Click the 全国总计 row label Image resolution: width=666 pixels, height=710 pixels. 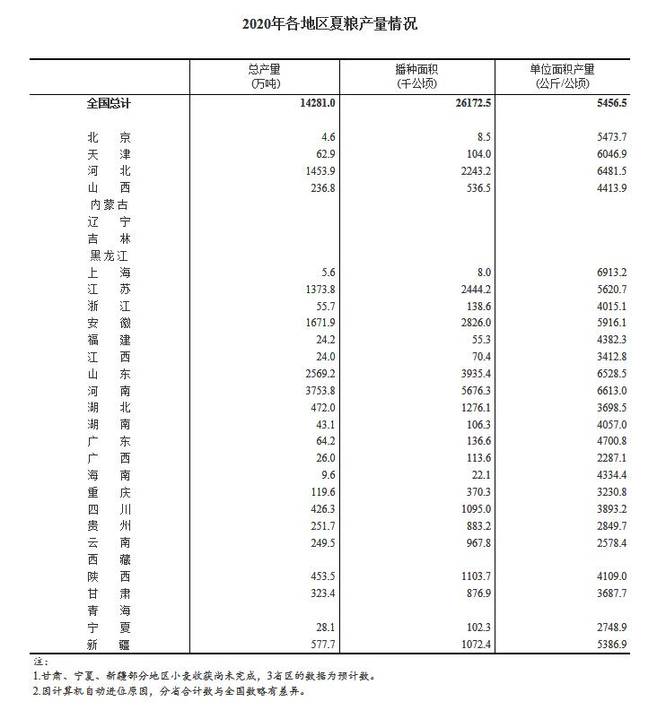[109, 103]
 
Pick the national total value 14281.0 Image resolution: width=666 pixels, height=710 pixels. [318, 103]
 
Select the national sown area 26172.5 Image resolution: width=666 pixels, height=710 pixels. [472, 103]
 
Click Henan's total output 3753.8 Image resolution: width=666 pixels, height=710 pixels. [320, 391]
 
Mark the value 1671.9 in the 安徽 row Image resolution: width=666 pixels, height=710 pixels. [320, 324]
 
